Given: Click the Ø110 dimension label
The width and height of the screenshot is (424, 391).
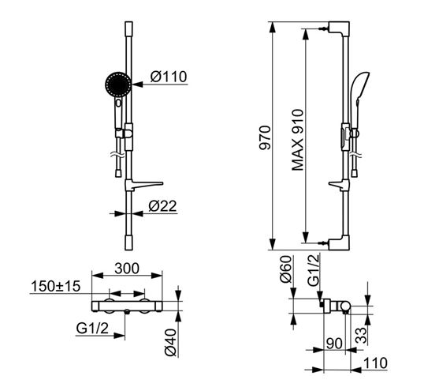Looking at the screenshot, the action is [x=169, y=77].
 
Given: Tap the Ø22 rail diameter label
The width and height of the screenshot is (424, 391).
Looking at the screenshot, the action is [x=162, y=206].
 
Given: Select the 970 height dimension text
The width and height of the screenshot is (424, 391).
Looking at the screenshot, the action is [x=265, y=137].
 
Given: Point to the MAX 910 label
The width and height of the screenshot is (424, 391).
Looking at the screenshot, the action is [x=298, y=140].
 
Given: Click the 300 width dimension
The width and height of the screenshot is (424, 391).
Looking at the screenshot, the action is [x=127, y=269].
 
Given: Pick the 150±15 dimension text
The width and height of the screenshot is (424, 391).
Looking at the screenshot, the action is [x=56, y=286].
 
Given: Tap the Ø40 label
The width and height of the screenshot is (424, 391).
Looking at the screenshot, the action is [x=170, y=342].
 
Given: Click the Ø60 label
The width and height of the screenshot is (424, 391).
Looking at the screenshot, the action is [x=286, y=269].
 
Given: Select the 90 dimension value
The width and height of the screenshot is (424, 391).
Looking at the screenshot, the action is [x=334, y=344].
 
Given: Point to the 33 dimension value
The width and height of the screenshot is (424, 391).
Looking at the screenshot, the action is [x=361, y=336].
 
